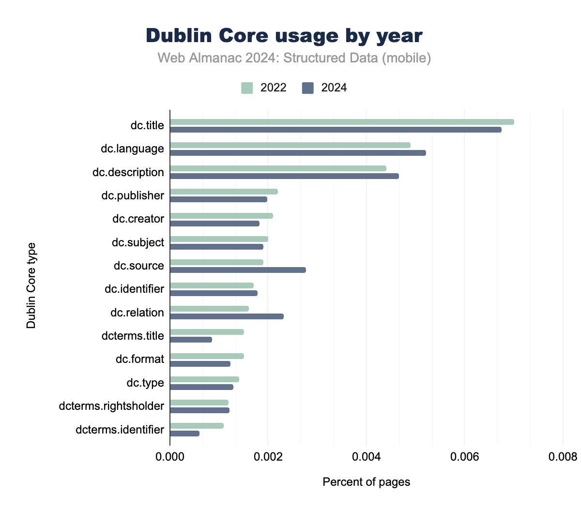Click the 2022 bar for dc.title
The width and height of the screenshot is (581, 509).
(342, 122)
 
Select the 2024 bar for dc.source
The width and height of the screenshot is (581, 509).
(238, 270)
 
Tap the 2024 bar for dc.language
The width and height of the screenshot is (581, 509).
(298, 153)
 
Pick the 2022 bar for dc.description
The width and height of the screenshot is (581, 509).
(278, 168)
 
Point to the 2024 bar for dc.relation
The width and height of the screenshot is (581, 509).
(227, 316)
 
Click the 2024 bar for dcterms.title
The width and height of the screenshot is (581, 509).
(191, 340)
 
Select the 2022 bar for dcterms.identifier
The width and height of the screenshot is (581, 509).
(197, 426)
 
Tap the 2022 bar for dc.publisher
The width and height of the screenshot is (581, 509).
(224, 192)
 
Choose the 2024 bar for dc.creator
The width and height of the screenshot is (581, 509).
(214, 224)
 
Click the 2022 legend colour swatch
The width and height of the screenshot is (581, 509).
(247, 88)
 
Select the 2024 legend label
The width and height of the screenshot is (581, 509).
(334, 88)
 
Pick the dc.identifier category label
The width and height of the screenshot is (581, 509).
(134, 289)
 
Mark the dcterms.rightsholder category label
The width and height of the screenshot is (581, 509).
(111, 406)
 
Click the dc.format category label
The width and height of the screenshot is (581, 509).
(139, 359)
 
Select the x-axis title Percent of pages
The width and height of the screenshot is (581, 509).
(367, 482)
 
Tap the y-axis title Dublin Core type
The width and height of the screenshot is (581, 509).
(31, 285)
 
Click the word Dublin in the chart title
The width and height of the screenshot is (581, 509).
(178, 36)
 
